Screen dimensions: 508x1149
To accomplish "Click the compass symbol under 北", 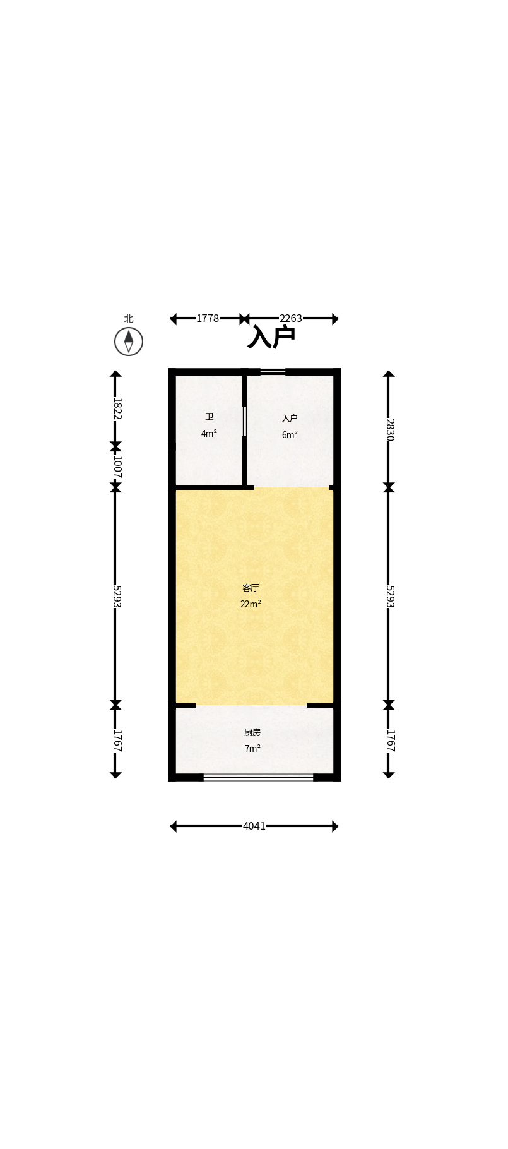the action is (x=129, y=342).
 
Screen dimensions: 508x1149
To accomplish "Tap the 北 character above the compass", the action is (x=129, y=319).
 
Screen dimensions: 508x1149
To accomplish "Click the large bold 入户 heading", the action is (x=271, y=337).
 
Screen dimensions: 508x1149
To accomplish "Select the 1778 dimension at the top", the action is (x=208, y=319).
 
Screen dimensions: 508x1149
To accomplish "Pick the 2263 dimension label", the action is (x=291, y=319).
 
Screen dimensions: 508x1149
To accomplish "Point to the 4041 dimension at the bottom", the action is (x=254, y=826).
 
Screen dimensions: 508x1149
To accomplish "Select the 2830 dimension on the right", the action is (x=389, y=430).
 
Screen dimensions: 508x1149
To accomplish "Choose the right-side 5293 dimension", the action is (x=389, y=597).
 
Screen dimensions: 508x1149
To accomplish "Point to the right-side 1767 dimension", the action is (x=389, y=741).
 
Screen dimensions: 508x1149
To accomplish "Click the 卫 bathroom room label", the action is (x=209, y=417).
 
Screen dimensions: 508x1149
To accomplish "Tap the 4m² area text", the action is (x=209, y=434).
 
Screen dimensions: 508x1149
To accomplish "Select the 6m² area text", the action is (x=290, y=435).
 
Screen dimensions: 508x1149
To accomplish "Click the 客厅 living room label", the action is (x=251, y=588).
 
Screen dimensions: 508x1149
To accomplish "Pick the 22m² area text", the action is (x=251, y=604).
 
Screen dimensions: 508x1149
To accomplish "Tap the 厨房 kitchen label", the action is (x=252, y=732).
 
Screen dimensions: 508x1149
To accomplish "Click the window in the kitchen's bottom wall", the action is (x=258, y=777).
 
